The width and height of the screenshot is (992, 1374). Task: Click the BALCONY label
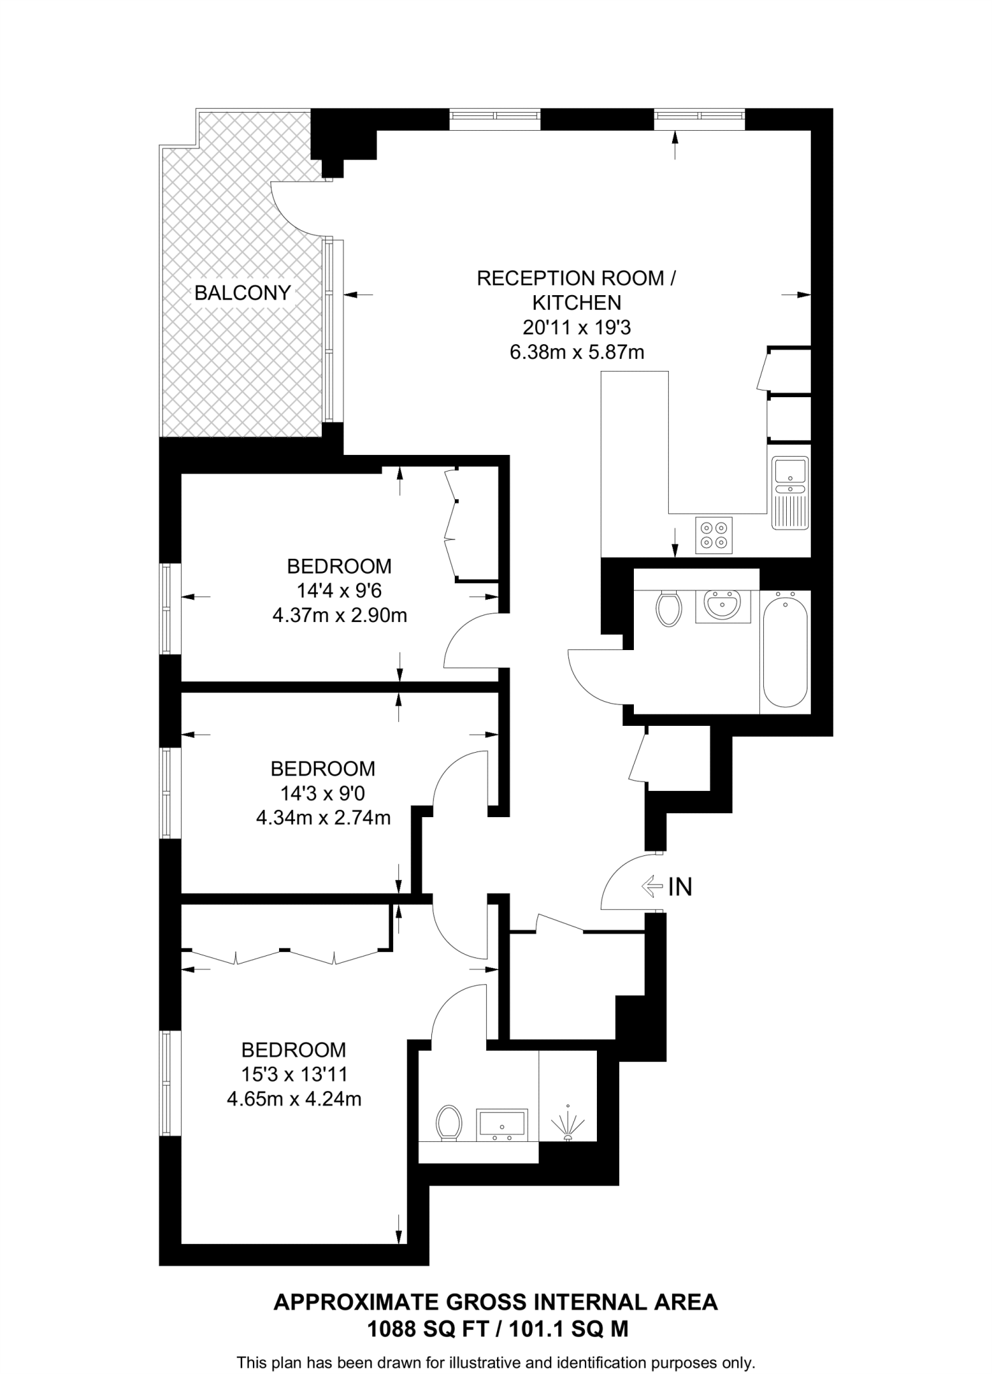(x=242, y=293)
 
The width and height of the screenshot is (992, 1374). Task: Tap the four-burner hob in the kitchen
(x=714, y=535)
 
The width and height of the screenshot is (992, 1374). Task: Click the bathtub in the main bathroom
(x=785, y=649)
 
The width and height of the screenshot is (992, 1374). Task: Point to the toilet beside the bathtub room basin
(x=669, y=608)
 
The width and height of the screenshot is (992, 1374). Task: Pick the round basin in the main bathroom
(x=722, y=605)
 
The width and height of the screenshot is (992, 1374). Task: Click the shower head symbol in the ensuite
(x=567, y=1124)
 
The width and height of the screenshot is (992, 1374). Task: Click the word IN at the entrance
(x=680, y=887)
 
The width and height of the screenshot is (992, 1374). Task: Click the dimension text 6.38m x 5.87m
(x=577, y=352)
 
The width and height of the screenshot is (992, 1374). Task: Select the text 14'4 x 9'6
(x=339, y=590)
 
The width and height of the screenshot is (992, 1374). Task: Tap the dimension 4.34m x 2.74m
(x=323, y=818)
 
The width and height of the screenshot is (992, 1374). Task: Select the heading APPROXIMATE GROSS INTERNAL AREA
(x=496, y=1302)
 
